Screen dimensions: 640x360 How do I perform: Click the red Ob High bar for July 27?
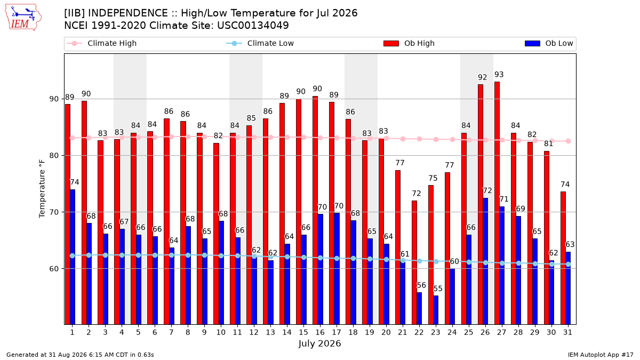(x=497, y=203)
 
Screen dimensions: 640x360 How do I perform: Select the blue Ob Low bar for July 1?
(x=73, y=257)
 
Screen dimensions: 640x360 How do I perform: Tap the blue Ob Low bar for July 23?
(x=436, y=310)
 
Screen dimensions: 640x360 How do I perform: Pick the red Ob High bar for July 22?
(x=414, y=262)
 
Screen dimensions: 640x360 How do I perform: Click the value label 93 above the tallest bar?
(x=499, y=75)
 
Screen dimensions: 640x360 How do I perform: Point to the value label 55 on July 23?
(x=438, y=289)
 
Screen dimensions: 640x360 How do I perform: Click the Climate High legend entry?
(x=102, y=43)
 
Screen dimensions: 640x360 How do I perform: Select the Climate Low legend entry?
(x=260, y=43)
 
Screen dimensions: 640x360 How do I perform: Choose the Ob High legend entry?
(x=409, y=43)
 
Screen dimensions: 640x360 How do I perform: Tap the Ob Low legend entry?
(x=549, y=43)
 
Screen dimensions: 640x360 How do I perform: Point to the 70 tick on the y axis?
(x=54, y=212)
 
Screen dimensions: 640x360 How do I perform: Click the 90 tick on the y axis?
(x=54, y=99)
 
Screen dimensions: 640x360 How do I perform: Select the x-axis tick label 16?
(x=320, y=333)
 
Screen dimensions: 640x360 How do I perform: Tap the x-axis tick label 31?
(x=567, y=333)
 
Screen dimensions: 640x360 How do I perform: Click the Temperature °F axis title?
(x=42, y=189)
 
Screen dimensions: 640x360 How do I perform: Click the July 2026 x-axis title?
(x=319, y=343)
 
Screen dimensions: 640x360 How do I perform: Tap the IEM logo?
(x=23, y=18)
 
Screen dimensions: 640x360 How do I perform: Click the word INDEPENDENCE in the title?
(x=128, y=13)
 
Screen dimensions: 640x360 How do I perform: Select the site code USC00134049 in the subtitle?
(x=253, y=26)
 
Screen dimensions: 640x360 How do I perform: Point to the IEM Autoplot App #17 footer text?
(x=601, y=355)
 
